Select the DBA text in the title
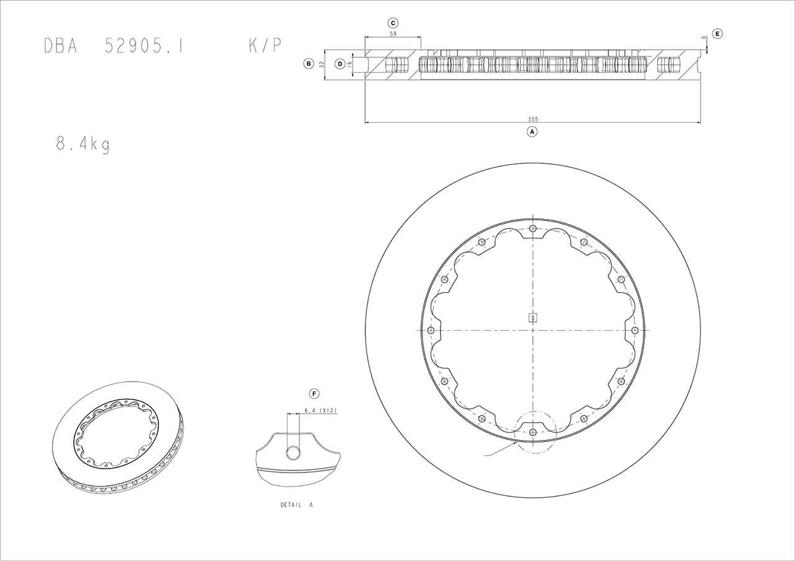click(61, 47)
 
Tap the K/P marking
click(265, 47)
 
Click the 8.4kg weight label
click(83, 145)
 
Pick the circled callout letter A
click(532, 132)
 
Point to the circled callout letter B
click(307, 63)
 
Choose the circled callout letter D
click(340, 63)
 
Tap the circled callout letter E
click(717, 34)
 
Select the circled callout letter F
click(314, 393)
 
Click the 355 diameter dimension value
click(532, 119)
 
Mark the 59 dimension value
click(393, 34)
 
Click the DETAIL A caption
click(296, 505)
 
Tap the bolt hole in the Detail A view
click(293, 453)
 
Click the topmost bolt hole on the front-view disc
click(533, 228)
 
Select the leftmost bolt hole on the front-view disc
click(430, 330)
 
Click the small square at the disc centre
click(532, 318)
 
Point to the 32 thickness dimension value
click(321, 63)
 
